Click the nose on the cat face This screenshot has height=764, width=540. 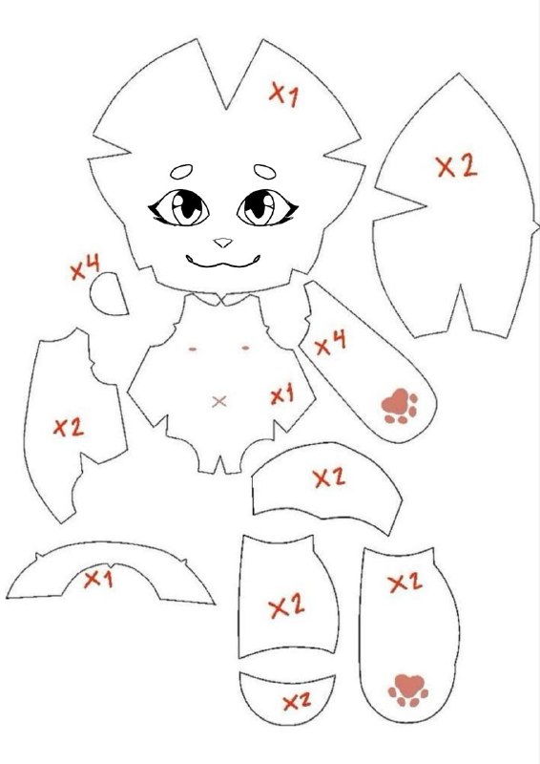click(223, 243)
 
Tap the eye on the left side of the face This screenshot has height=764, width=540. click(179, 208)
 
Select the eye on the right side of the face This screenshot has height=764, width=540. click(267, 208)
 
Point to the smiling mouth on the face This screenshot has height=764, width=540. click(223, 262)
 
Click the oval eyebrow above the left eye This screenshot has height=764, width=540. click(181, 172)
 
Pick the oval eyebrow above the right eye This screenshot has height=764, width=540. click(265, 171)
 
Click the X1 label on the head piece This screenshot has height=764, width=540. click(284, 94)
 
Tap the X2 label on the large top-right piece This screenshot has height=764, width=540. click(457, 166)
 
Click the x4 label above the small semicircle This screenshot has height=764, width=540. click(85, 267)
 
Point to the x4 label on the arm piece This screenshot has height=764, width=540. click(331, 343)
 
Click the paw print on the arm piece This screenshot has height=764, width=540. click(400, 406)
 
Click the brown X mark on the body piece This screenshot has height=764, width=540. click(219, 401)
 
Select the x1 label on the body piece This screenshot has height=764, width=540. click(282, 393)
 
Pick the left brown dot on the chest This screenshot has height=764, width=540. click(193, 349)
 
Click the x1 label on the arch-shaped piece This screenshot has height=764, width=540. click(98, 580)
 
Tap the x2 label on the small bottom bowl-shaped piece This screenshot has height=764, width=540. click(297, 702)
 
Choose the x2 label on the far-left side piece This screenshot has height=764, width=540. click(69, 427)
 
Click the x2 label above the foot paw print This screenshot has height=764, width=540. click(405, 583)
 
